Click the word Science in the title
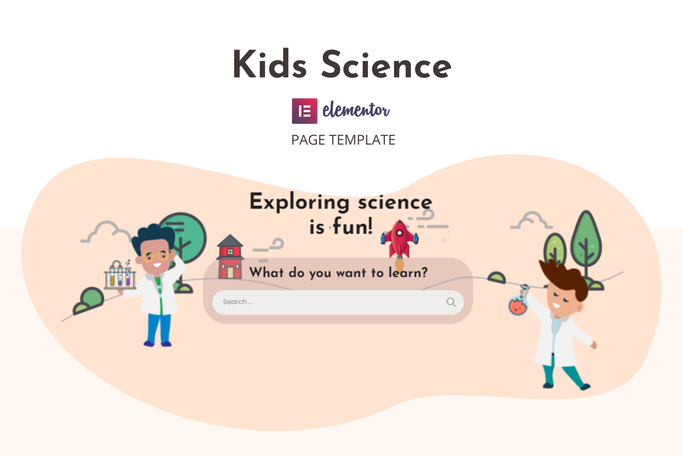tap(386, 65)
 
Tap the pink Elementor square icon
tap(305, 111)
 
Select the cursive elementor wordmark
tap(356, 110)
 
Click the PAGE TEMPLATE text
tap(343, 140)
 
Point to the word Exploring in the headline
tap(299, 202)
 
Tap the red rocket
tap(400, 240)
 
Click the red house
tap(230, 257)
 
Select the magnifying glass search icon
tap(451, 302)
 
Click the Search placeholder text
tap(238, 302)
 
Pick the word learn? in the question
tap(408, 272)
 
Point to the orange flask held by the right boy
tap(518, 305)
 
